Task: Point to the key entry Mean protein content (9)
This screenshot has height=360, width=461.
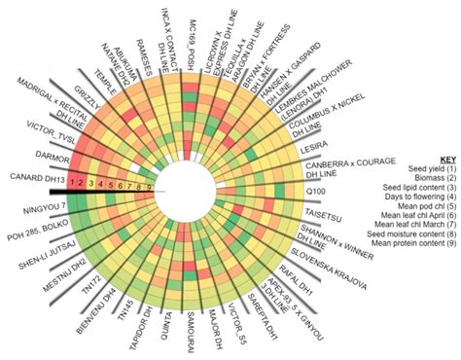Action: [x=413, y=254]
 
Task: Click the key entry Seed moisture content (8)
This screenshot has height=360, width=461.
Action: [x=410, y=243]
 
